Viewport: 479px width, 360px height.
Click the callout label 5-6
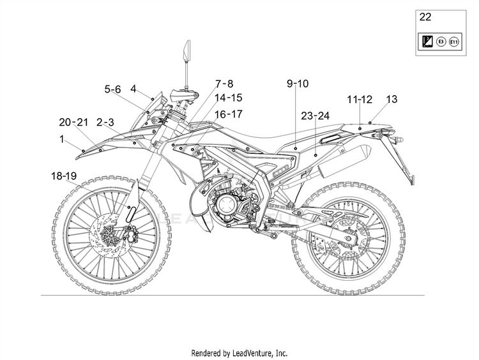click(112, 89)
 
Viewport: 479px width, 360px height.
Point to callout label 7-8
click(224, 84)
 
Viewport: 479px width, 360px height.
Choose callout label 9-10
click(298, 84)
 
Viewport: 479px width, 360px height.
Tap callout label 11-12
click(360, 99)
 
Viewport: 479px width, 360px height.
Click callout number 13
click(392, 99)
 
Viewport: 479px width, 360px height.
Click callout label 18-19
click(65, 174)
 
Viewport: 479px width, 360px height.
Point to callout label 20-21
click(73, 122)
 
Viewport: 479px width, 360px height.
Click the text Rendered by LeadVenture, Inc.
click(240, 352)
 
